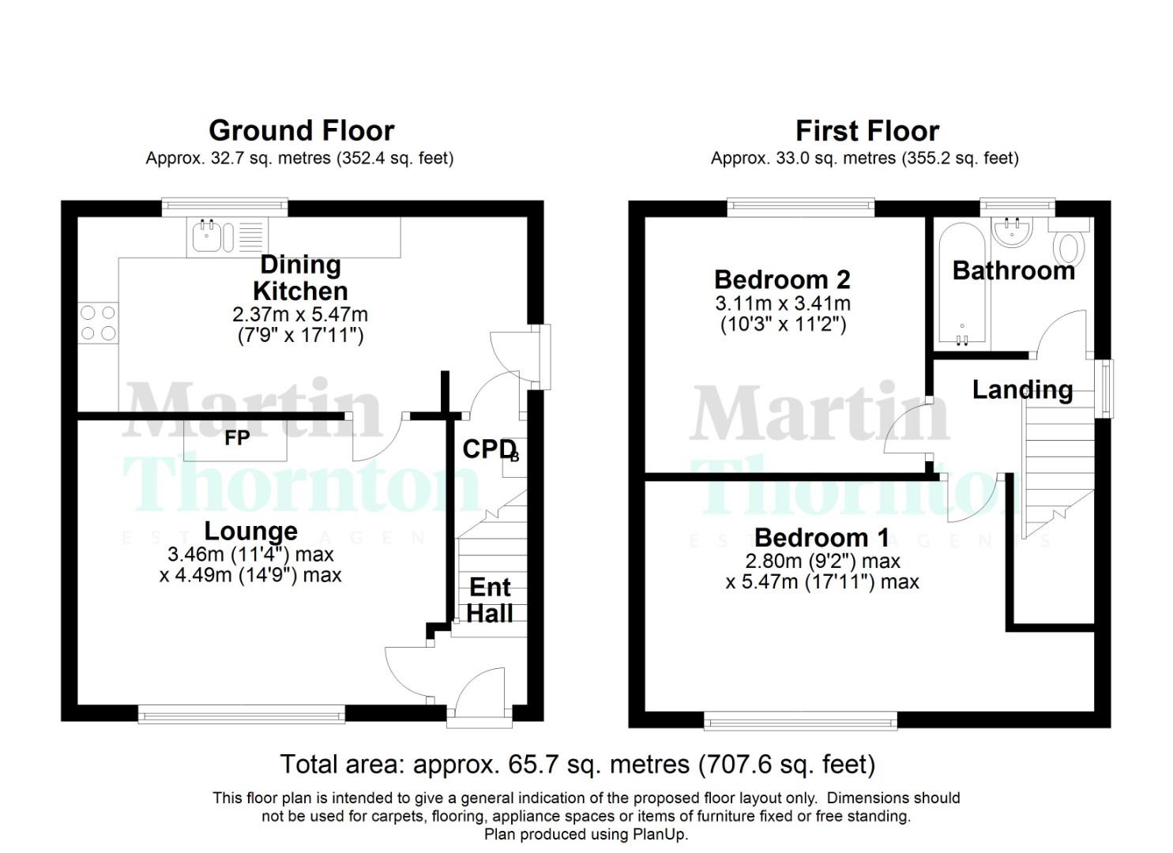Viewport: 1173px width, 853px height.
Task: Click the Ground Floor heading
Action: (x=301, y=130)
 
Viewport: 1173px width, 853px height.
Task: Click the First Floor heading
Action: (x=867, y=130)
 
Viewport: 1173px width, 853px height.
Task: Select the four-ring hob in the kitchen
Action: (x=98, y=323)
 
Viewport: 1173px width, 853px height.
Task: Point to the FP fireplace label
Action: (x=237, y=438)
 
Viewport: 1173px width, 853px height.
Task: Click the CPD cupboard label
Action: (x=488, y=449)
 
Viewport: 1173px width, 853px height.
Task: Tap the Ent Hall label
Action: (x=490, y=600)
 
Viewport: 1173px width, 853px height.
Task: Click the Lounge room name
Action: (x=250, y=531)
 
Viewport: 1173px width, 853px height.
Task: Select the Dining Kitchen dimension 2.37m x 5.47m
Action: (x=300, y=314)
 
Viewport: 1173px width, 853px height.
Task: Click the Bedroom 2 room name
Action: (x=782, y=280)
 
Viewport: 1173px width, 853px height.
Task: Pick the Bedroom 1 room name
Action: (x=821, y=538)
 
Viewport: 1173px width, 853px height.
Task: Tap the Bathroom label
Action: (x=1013, y=271)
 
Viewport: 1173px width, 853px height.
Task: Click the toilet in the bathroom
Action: (x=1072, y=244)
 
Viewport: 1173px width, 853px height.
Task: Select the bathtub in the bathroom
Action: (x=961, y=284)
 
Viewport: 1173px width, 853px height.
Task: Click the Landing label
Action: (x=1021, y=389)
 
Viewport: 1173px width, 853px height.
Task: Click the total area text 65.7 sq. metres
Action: (x=577, y=765)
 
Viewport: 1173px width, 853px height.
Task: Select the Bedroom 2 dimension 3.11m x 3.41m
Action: (x=782, y=303)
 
